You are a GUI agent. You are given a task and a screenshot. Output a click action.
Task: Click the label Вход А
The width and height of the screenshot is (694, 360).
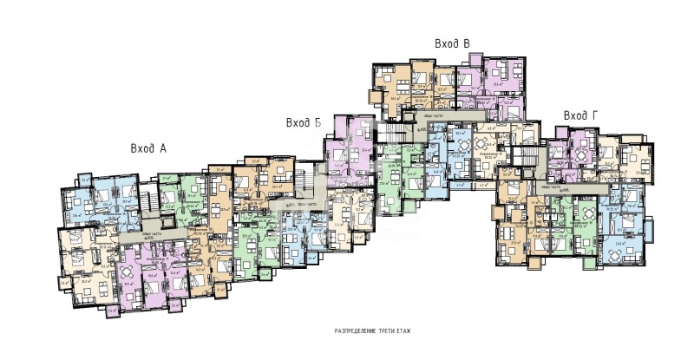point(148,148)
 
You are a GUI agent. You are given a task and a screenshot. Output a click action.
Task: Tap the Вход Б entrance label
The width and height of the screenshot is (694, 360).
point(304,123)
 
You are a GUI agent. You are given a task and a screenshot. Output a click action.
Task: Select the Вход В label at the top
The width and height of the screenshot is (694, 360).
point(452,43)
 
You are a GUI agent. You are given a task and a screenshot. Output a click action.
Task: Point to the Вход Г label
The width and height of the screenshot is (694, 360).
point(579,115)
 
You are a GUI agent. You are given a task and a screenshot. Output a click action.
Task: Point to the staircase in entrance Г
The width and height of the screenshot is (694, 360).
point(524,157)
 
